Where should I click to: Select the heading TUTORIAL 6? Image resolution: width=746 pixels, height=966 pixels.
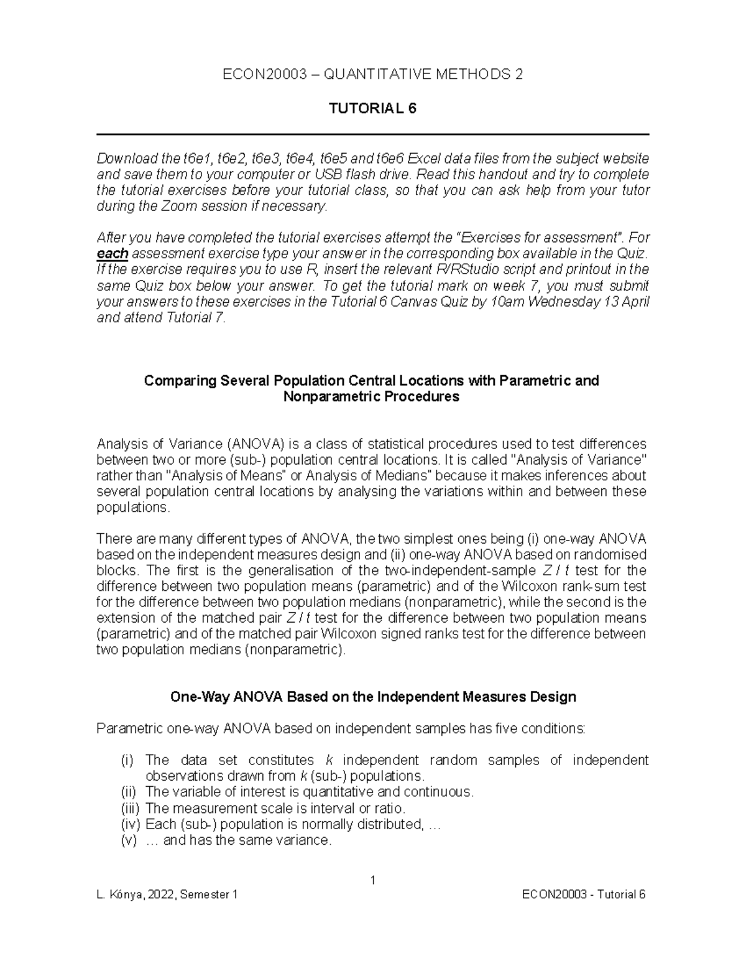pos(372,108)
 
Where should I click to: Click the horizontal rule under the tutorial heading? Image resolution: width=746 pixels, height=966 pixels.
pos(372,134)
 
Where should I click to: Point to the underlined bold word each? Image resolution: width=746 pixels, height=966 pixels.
pos(113,254)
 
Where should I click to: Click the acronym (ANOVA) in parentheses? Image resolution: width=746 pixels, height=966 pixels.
pos(255,444)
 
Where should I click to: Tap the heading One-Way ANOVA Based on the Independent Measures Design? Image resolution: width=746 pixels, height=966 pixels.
pos(373,697)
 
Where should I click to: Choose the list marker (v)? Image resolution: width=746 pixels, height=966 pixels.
pos(128,840)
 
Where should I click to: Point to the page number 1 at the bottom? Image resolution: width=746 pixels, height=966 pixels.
pos(372,880)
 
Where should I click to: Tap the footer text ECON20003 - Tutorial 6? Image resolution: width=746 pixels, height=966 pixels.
pos(584,894)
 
